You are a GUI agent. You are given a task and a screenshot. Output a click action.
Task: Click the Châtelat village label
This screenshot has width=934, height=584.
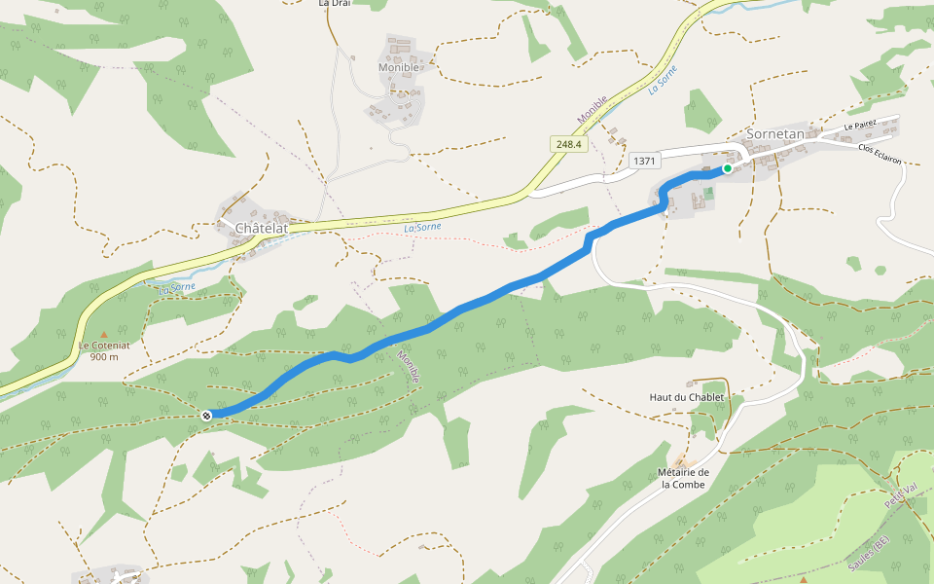coord(261,228)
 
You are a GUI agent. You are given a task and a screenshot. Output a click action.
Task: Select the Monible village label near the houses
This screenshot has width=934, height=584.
coord(399,67)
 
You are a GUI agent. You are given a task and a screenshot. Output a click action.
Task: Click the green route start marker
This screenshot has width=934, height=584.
coord(727,168)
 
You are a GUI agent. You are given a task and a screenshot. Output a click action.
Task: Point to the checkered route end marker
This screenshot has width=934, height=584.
coord(206,416)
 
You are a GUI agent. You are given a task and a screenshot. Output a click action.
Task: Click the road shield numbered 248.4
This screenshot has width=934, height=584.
coord(568,144)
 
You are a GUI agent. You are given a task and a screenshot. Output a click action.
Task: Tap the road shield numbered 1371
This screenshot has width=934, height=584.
coord(645,161)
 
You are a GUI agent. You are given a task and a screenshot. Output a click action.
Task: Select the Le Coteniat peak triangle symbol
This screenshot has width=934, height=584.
coord(104,334)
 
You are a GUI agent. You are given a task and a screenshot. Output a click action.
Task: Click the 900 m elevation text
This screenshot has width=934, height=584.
coord(103,356)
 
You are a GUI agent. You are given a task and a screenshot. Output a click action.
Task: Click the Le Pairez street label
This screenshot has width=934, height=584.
coord(860,125)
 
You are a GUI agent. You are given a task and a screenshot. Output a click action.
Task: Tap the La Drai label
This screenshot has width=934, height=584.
coord(334,4)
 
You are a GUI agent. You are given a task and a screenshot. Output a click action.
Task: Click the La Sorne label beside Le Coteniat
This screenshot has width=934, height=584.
coord(178,287)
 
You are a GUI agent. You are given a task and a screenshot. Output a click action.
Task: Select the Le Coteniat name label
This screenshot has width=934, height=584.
coord(103,346)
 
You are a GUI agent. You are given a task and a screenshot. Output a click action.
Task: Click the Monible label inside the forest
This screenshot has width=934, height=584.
coord(410,366)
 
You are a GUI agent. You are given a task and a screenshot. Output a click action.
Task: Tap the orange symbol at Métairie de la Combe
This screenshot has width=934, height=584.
coord(680,461)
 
